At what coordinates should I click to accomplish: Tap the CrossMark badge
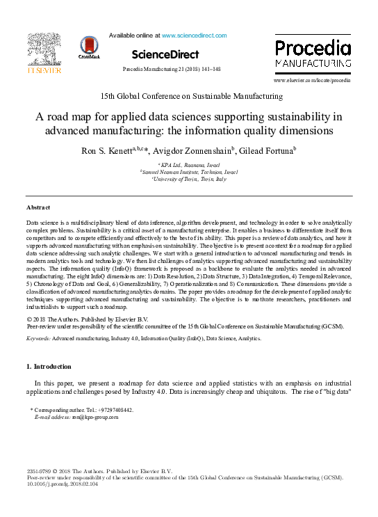tap(90, 48)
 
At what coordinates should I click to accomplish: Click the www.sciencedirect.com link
tap(194, 35)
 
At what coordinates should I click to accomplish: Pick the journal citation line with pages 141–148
tap(171, 70)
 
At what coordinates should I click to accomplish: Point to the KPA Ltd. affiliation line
tap(189, 164)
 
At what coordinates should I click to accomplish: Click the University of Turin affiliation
tap(189, 179)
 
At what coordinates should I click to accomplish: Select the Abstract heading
tap(38, 207)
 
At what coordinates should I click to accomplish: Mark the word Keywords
tap(38, 337)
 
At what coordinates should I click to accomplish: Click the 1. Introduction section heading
tap(49, 366)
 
